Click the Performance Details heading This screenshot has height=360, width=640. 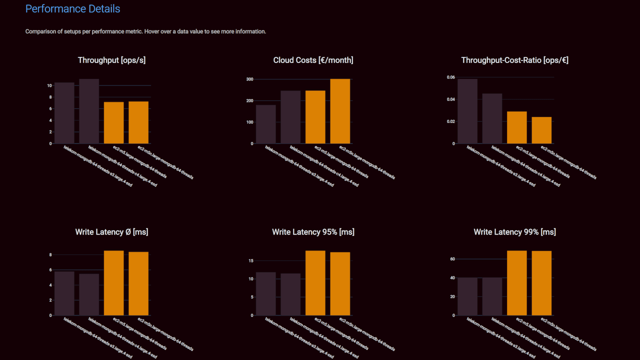(x=72, y=9)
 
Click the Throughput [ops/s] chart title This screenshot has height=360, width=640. (x=111, y=60)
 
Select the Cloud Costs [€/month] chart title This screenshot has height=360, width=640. (x=313, y=60)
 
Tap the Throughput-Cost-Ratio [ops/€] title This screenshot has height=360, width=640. (x=514, y=60)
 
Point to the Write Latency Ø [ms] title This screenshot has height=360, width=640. (x=111, y=232)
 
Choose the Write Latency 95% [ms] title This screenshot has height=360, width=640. (x=313, y=232)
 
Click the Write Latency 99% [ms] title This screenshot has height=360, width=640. (x=514, y=232)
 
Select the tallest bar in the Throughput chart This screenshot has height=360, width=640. (x=89, y=111)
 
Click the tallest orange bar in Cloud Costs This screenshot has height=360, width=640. (x=340, y=111)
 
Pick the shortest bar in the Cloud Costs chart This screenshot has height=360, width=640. (x=265, y=124)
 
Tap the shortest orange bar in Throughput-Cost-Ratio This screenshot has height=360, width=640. (x=541, y=130)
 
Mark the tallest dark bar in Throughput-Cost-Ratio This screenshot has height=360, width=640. (x=467, y=111)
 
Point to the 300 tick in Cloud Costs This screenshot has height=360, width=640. (x=249, y=79)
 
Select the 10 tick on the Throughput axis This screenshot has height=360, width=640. (x=49, y=85)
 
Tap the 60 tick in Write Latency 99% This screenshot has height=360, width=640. (x=452, y=259)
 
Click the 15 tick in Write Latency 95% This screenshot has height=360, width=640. (x=250, y=260)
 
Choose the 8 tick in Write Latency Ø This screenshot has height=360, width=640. (x=50, y=255)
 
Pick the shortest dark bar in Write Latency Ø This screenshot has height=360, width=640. (x=89, y=294)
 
